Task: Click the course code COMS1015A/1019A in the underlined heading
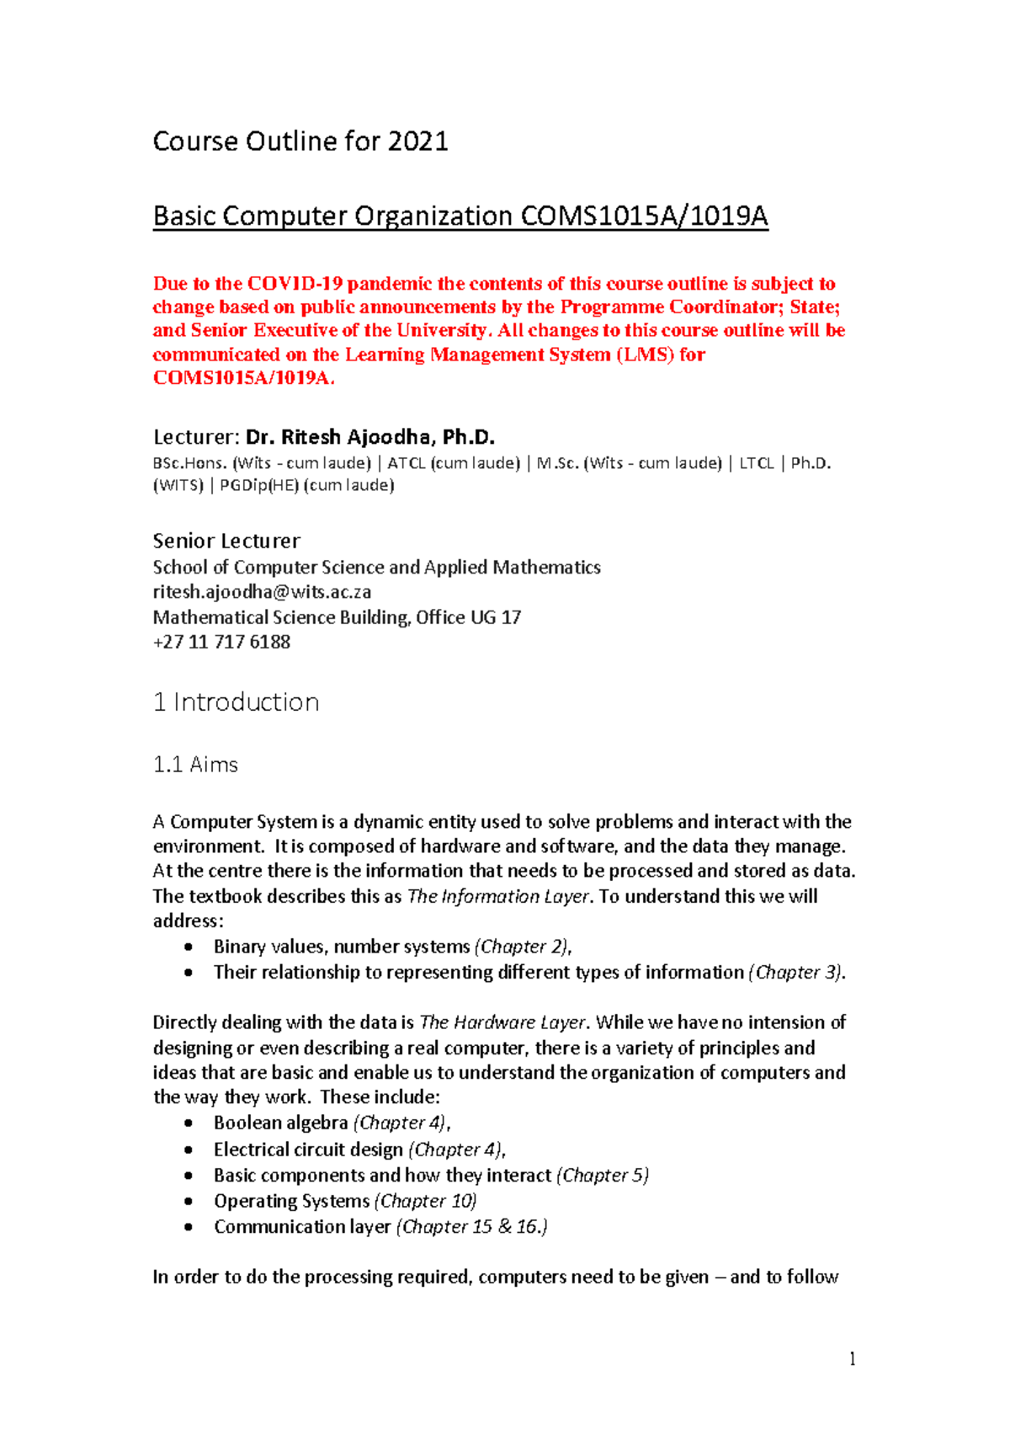click(644, 216)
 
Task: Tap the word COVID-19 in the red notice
click(295, 284)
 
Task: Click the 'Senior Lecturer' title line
click(226, 541)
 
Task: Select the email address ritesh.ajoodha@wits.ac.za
click(262, 592)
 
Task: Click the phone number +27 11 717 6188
click(221, 642)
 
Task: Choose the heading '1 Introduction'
click(236, 702)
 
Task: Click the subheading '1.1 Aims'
click(195, 765)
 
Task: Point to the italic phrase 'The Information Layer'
click(497, 896)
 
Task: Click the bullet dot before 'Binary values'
click(189, 947)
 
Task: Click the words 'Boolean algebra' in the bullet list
click(280, 1123)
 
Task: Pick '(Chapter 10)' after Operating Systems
click(425, 1201)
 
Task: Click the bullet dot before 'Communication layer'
click(189, 1227)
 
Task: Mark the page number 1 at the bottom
click(853, 1358)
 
